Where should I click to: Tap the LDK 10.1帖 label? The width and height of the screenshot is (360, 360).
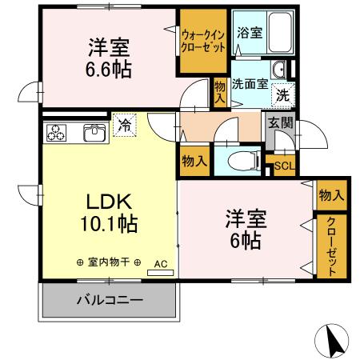[x=109, y=211]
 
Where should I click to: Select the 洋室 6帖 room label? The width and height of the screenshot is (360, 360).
[x=244, y=228]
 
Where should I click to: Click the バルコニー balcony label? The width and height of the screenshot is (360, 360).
[x=109, y=302]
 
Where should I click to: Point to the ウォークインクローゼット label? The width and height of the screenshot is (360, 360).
[x=202, y=42]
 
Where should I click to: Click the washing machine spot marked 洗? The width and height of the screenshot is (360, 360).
[x=283, y=94]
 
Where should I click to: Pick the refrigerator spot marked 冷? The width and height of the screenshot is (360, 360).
[x=124, y=124]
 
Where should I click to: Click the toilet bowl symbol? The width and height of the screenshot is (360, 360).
[x=240, y=161]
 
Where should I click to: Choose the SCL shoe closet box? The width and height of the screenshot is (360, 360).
[x=283, y=166]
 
